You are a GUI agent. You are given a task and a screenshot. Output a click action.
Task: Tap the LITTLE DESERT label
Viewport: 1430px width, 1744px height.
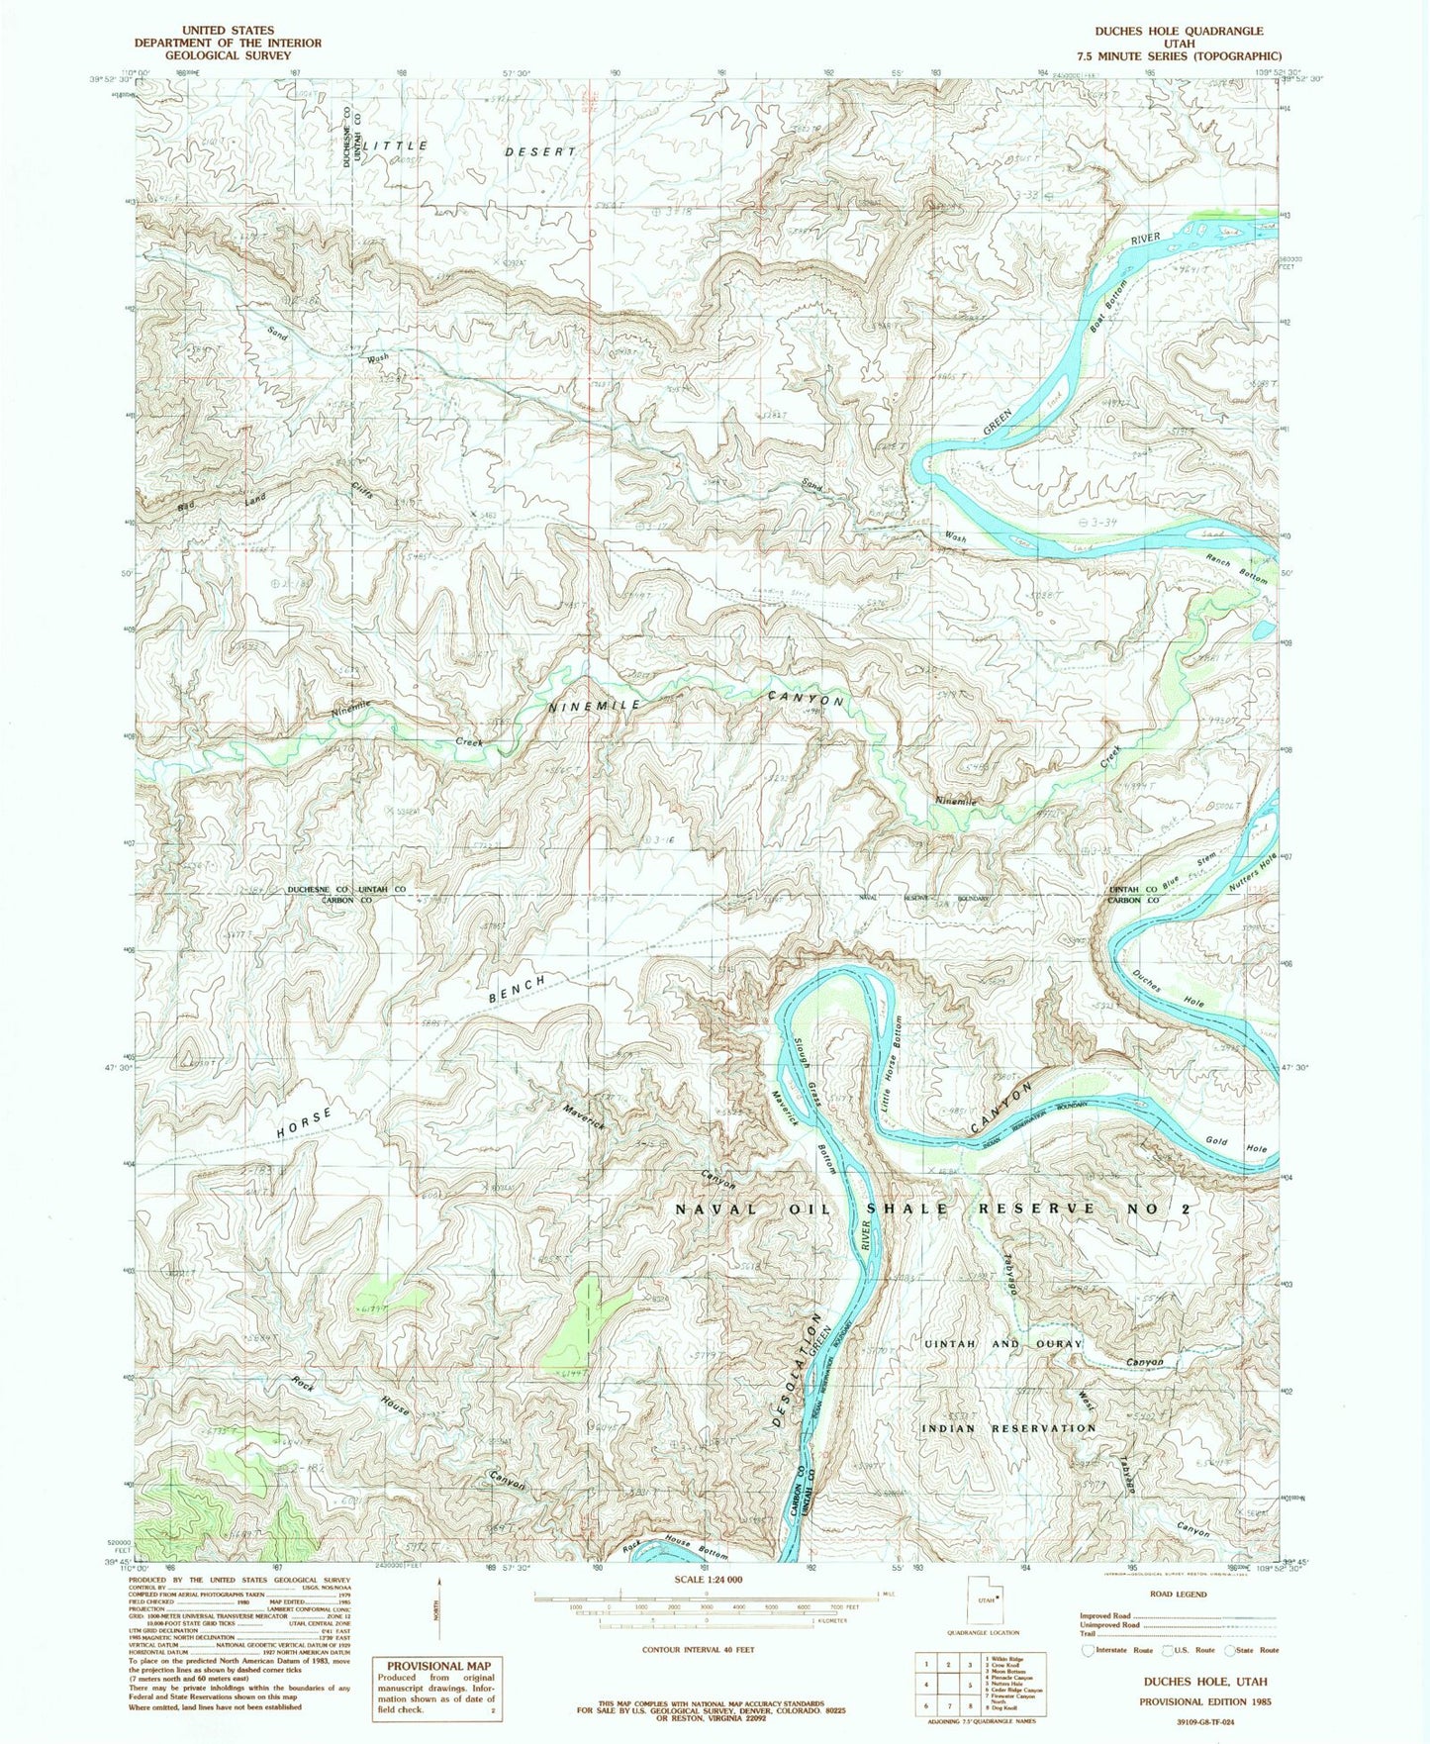[x=469, y=149]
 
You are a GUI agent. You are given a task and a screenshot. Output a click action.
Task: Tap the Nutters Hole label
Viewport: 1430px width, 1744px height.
[x=1251, y=870]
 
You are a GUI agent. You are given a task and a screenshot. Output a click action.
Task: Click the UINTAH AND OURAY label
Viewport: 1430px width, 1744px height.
[x=1001, y=1344]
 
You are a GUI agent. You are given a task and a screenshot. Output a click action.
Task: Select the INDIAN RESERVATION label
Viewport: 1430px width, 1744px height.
[x=1008, y=1428]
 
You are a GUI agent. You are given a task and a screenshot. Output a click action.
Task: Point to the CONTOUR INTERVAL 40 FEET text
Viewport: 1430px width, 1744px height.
[x=698, y=1650]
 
